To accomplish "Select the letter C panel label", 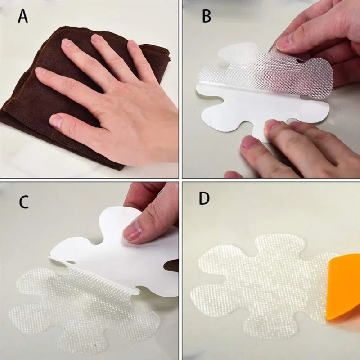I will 24,202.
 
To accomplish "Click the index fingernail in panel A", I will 41,71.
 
